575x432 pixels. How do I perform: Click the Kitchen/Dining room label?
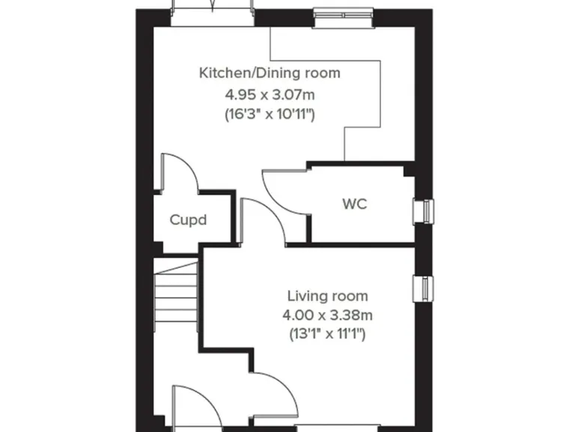(269, 73)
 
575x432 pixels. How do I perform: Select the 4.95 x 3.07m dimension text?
(269, 94)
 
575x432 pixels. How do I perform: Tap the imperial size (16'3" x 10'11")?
(269, 115)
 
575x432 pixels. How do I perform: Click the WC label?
(355, 203)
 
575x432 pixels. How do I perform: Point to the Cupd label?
(188, 220)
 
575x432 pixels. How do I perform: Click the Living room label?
(328, 296)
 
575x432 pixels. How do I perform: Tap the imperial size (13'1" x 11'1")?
(328, 334)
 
